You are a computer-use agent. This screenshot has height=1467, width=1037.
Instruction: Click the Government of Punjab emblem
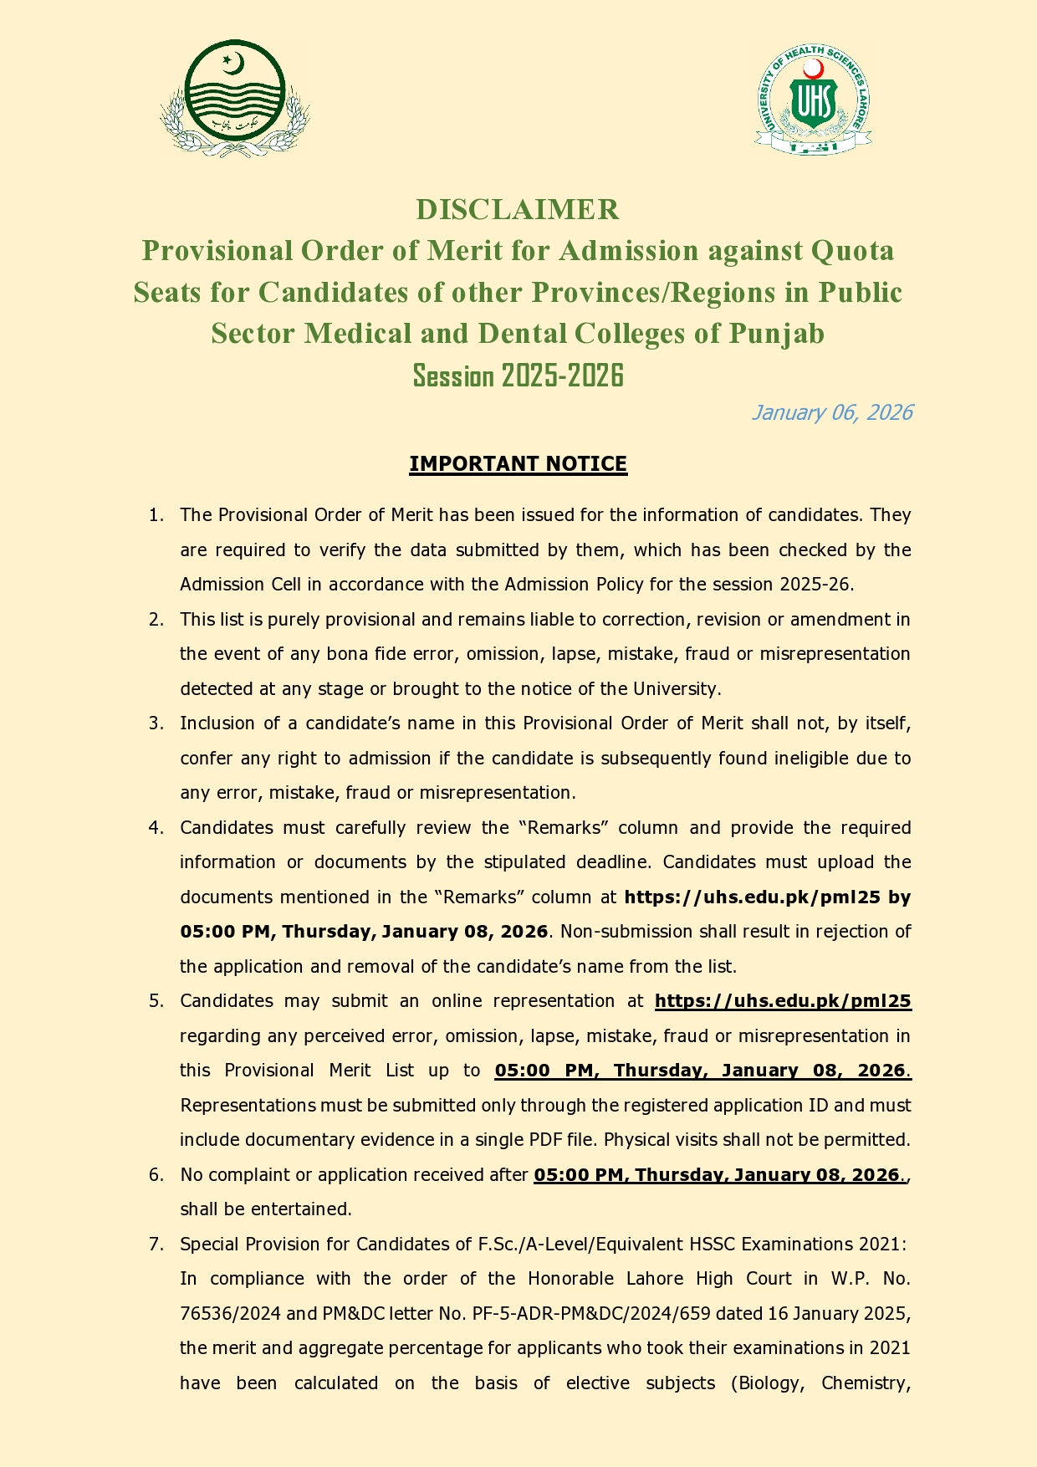click(x=235, y=98)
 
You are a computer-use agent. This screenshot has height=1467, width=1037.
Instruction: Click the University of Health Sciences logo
click(x=813, y=100)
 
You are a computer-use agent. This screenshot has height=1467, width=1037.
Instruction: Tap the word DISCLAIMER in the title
click(x=518, y=209)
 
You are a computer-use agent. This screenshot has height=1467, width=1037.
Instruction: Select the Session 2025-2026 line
click(x=518, y=376)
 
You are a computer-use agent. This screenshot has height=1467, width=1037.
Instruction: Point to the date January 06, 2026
click(x=831, y=412)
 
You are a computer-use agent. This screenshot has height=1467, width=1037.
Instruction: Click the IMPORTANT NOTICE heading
click(x=518, y=463)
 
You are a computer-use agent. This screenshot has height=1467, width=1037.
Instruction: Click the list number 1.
click(x=155, y=515)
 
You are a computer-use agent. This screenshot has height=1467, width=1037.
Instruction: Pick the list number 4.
click(x=155, y=828)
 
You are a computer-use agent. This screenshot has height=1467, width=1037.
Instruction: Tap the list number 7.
click(x=155, y=1245)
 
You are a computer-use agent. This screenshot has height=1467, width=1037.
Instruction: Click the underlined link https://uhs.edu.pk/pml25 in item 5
click(x=783, y=1001)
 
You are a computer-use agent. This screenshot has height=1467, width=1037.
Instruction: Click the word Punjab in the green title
click(x=777, y=334)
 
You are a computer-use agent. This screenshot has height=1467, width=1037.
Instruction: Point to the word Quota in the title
click(x=852, y=250)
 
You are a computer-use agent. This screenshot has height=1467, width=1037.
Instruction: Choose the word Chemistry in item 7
click(x=865, y=1383)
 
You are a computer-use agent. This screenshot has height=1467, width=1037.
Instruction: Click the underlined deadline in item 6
click(x=718, y=1175)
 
